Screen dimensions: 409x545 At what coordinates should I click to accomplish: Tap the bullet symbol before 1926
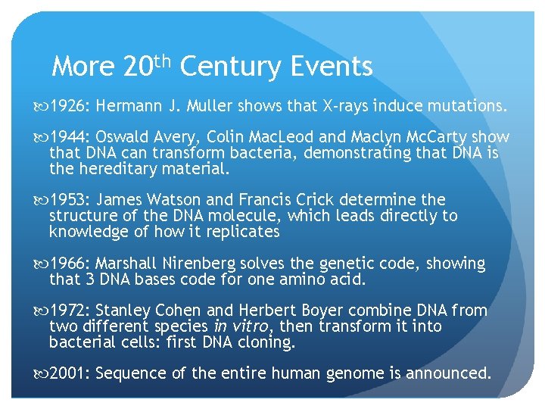41,107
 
